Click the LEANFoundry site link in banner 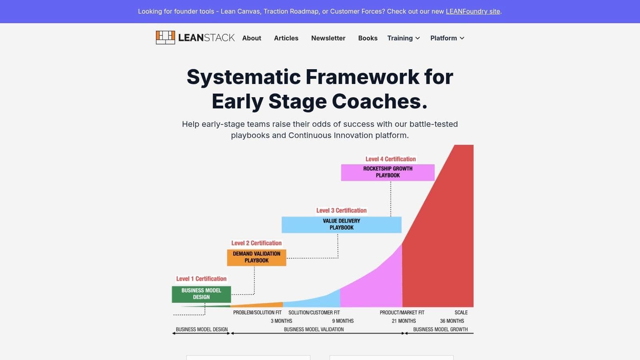pos(473,11)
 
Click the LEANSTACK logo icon pos(165,38)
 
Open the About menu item pos(252,38)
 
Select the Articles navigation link pos(286,38)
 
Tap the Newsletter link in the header pos(328,38)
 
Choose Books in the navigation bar pos(368,38)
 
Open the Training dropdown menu pos(403,38)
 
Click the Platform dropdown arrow pos(462,38)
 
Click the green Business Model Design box pos(201,294)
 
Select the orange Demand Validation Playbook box pos(256,257)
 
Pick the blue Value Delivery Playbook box pos(341,224)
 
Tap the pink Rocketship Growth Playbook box pos(388,172)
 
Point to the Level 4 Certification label pos(390,159)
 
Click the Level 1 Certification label pos(201,279)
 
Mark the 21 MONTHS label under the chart pos(404,321)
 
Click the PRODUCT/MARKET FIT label pos(402,312)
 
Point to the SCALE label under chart pos(461,312)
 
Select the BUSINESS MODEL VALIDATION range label pos(314,329)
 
